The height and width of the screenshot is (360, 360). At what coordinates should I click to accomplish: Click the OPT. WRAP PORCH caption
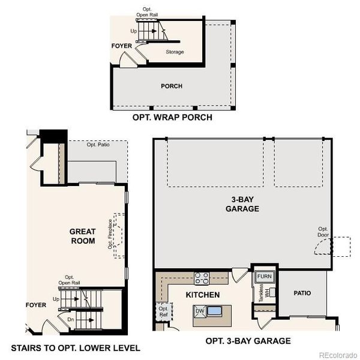[172, 118]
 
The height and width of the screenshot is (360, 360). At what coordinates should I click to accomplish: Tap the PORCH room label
[172, 86]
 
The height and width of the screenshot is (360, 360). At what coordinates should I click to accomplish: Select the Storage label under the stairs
[175, 52]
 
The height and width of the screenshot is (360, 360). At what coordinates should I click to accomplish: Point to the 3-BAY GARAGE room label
[242, 204]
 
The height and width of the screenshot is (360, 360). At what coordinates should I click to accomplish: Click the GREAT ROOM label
[83, 236]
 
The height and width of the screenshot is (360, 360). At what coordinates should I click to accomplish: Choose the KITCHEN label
[202, 295]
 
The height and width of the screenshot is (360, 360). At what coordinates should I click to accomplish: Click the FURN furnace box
[265, 277]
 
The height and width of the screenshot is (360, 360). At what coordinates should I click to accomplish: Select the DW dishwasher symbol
[199, 310]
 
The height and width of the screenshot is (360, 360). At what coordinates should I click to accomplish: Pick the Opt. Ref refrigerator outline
[163, 310]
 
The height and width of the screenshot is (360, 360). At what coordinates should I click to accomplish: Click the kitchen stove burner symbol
[202, 278]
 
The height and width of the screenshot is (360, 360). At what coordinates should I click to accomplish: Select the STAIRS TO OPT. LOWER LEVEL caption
[76, 348]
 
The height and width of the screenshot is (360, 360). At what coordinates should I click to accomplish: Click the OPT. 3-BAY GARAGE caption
[248, 341]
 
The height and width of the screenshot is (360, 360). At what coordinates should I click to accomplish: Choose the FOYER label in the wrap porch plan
[121, 46]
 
